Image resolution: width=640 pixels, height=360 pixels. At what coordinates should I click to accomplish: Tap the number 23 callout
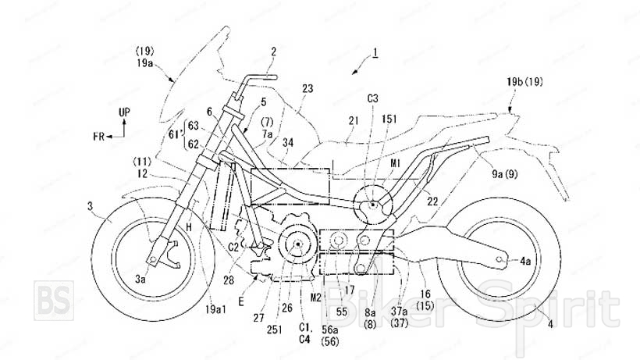pos(307,89)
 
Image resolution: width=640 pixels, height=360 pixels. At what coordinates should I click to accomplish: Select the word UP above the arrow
pos(123,113)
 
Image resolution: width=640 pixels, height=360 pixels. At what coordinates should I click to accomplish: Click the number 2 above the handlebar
pos(273,52)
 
